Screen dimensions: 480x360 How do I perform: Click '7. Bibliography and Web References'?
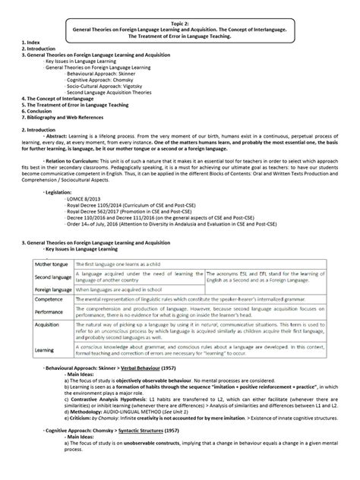pos(68,116)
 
